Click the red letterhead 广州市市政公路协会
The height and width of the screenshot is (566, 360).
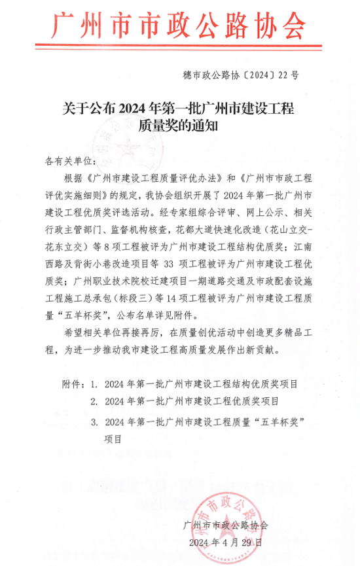(x=178, y=27)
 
